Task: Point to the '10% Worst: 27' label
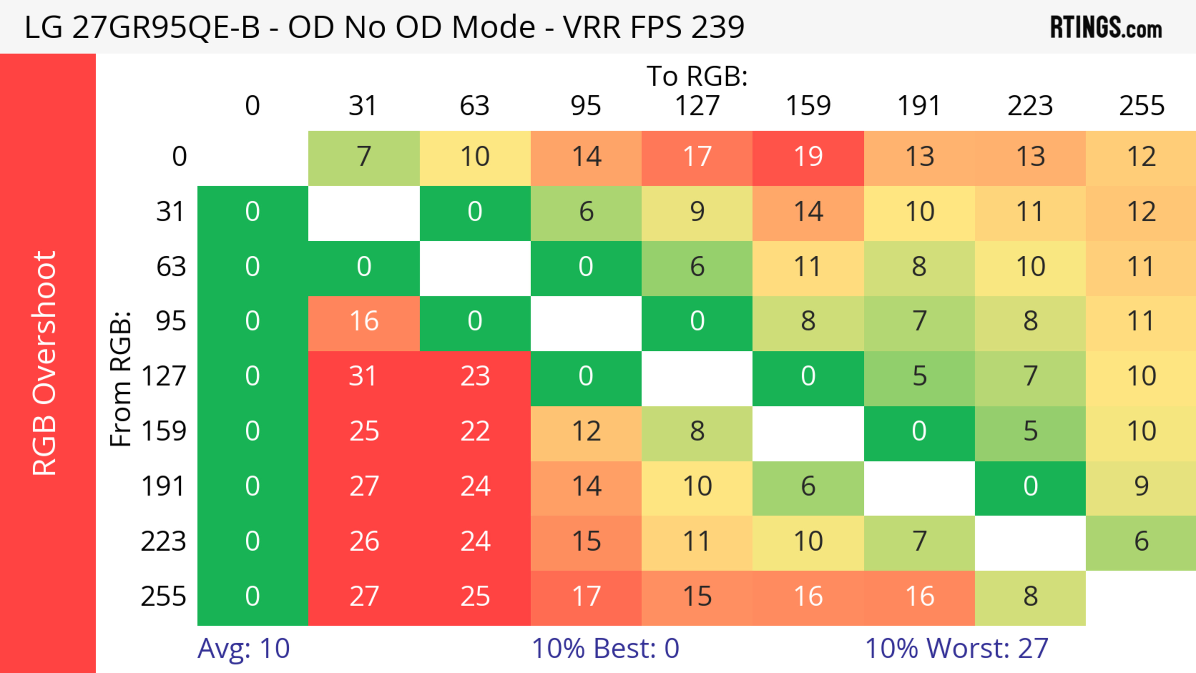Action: (956, 648)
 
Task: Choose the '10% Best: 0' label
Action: (605, 648)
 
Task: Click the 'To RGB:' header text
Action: (697, 76)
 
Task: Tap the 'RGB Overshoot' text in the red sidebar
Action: (45, 363)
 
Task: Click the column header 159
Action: (808, 106)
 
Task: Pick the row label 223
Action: (164, 542)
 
